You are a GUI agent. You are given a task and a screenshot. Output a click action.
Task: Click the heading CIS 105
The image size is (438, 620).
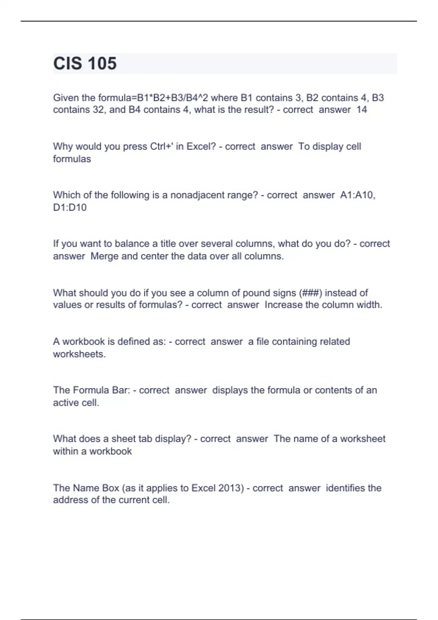click(85, 63)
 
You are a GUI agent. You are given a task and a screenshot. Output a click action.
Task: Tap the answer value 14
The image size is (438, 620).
click(361, 110)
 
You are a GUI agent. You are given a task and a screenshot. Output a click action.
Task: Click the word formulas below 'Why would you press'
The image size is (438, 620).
click(72, 159)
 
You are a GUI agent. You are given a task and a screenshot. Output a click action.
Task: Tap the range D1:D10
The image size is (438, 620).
click(70, 208)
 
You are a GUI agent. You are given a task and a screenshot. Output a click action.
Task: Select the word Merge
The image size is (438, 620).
click(105, 256)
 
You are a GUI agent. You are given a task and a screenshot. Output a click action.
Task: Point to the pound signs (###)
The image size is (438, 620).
click(310, 293)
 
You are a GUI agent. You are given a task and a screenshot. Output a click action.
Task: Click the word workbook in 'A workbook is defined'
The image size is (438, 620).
click(84, 342)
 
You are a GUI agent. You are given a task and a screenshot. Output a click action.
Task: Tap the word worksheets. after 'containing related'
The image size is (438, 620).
click(79, 354)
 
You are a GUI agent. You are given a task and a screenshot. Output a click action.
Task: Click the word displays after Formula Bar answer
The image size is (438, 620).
click(230, 390)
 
